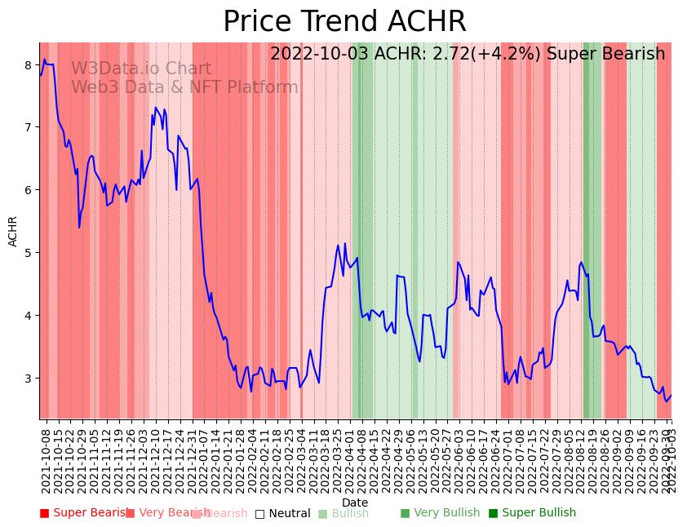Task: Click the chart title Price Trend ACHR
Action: pos(344,22)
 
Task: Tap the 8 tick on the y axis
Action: pos(28,65)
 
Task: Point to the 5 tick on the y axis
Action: pos(28,253)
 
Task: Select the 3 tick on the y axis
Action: pos(28,379)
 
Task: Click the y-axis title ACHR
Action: pos(13,231)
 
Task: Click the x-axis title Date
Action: pos(355,503)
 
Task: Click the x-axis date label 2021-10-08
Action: pos(46,458)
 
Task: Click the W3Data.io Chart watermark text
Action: pos(140,69)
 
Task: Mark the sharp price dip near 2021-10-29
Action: pos(79,227)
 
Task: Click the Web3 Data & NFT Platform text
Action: pos(184,87)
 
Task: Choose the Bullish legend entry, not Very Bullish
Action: pos(350,513)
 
